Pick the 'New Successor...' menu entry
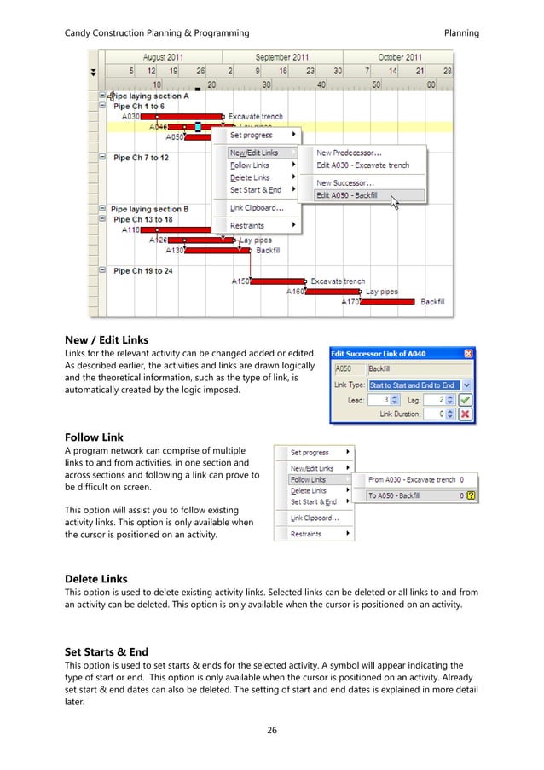point(344,182)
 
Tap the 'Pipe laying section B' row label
point(149,209)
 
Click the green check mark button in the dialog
point(465,398)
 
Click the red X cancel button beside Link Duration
point(465,414)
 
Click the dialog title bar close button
point(467,354)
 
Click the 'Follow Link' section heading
point(94,437)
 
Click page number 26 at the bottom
point(271,729)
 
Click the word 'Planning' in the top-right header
point(461,33)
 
